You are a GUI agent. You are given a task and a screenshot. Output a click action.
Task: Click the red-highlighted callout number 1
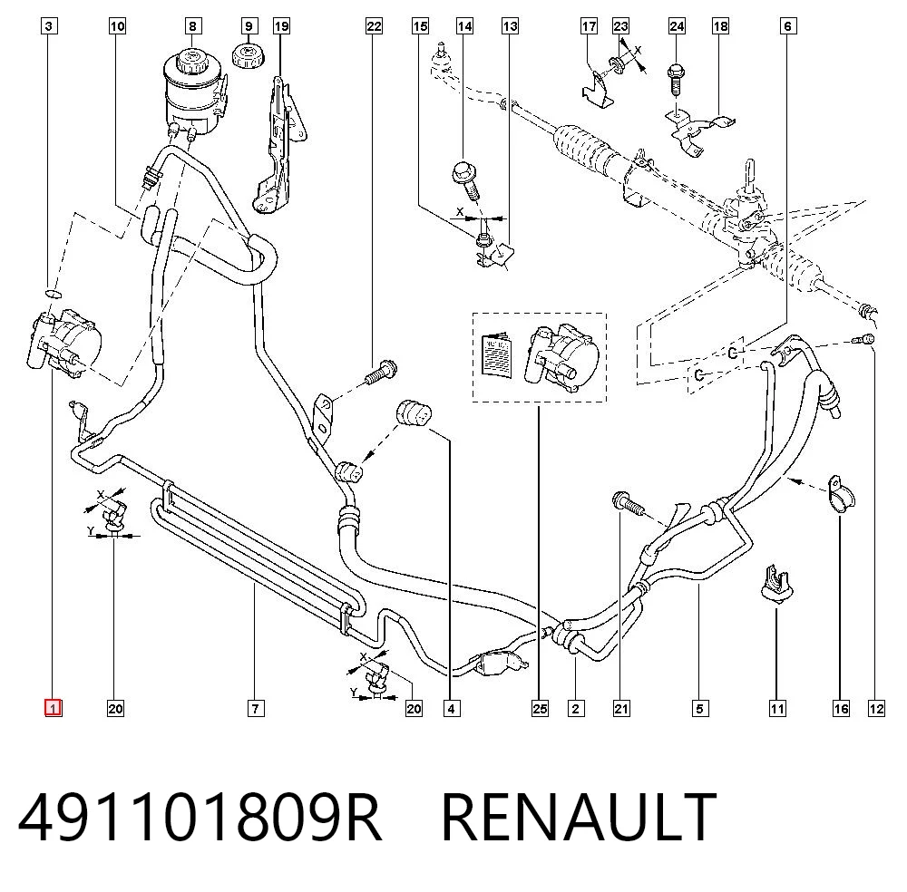coord(54,708)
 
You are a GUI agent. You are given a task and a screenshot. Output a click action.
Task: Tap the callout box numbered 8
coord(192,26)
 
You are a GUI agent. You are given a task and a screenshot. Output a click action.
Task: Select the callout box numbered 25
coord(540,708)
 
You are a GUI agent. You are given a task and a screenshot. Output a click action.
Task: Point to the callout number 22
coord(375,26)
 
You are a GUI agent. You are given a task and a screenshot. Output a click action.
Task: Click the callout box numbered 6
coord(788,26)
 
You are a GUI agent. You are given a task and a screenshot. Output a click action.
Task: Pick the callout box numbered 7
coord(256,708)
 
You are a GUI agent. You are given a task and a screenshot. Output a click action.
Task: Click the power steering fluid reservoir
coord(192,92)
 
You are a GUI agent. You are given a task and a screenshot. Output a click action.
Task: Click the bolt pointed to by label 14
coord(466,180)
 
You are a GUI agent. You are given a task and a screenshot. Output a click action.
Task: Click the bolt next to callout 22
coord(381,372)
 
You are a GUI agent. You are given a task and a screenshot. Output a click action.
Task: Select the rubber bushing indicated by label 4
coord(414,414)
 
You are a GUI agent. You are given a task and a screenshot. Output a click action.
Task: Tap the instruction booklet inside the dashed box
coord(497,356)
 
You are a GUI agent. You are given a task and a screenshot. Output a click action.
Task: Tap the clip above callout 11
coord(776,584)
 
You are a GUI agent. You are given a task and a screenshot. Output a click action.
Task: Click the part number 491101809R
coord(200,818)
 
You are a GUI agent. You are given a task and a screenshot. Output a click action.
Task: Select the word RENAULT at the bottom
coord(580,818)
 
